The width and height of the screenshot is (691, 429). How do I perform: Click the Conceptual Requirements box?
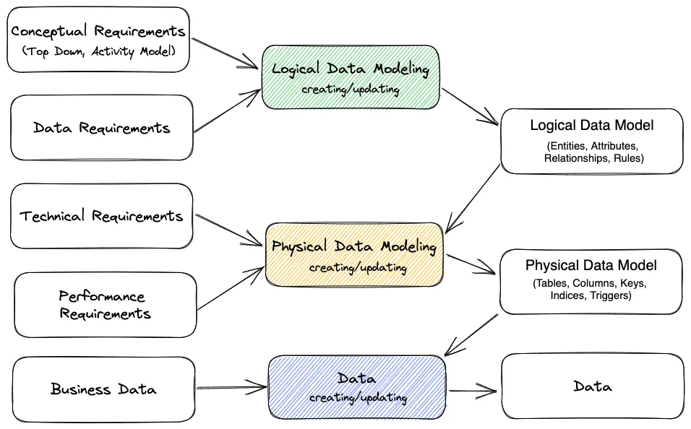[98, 40]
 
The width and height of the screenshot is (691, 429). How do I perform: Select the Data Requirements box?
[102, 128]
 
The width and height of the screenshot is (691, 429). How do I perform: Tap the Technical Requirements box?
[101, 216]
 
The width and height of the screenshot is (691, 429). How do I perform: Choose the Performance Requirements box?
[105, 305]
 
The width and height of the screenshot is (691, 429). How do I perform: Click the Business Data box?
[103, 389]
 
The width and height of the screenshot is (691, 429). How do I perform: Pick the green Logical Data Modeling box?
[351, 77]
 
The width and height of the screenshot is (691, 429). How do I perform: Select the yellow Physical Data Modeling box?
[354, 254]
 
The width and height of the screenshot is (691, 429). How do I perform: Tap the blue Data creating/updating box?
[357, 387]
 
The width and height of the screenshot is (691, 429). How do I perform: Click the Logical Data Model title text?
[591, 126]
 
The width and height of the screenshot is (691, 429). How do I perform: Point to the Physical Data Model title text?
[591, 266]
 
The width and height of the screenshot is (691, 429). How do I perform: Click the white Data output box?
[591, 386]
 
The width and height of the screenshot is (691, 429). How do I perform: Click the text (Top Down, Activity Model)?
[98, 51]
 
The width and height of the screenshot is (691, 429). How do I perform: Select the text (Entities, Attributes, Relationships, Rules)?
[593, 152]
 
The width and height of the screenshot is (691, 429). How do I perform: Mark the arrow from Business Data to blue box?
[231, 388]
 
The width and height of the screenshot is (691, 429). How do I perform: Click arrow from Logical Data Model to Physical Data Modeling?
[473, 199]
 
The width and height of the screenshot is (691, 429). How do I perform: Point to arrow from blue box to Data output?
[473, 391]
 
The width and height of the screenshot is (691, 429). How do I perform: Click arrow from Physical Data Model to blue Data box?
[471, 334]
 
